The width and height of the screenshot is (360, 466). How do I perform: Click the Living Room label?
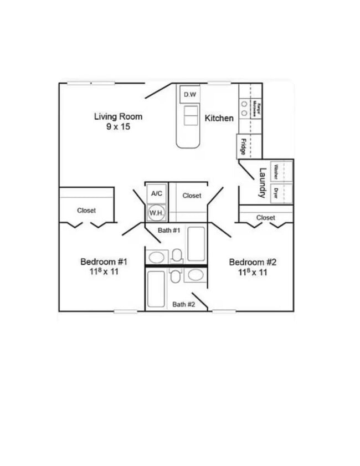(x=118, y=116)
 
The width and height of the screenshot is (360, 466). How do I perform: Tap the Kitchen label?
(x=219, y=118)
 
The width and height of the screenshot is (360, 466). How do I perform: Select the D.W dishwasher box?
(x=190, y=95)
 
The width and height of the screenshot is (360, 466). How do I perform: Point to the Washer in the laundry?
(x=275, y=172)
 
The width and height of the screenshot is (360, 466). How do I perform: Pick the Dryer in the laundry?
(x=275, y=193)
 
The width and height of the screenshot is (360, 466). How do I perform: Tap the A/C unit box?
(x=157, y=193)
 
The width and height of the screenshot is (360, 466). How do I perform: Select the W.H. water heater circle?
(x=155, y=212)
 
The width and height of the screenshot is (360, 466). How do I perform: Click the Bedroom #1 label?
(x=105, y=262)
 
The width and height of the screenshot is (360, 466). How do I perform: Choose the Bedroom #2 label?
(x=253, y=262)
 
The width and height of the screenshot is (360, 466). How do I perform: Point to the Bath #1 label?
(x=168, y=229)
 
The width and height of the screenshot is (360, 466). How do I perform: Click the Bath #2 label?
(x=183, y=304)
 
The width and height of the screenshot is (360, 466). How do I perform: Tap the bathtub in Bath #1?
(x=196, y=244)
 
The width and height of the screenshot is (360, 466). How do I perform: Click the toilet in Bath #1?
(x=177, y=255)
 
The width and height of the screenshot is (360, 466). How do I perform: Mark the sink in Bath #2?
(x=195, y=275)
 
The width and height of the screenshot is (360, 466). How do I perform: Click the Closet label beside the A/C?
(x=192, y=196)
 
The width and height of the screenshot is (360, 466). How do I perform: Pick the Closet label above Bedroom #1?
(x=86, y=211)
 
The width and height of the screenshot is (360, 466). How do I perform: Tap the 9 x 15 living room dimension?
(x=119, y=127)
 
